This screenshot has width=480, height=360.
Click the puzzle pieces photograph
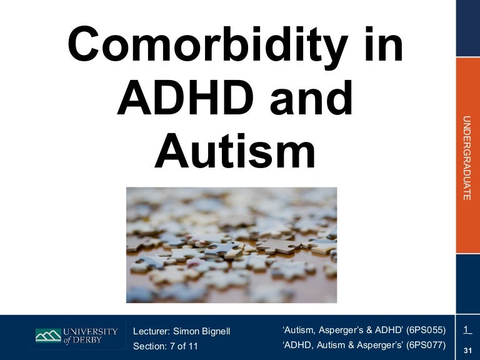(x=231, y=244)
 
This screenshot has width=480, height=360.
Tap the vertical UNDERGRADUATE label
(x=466, y=158)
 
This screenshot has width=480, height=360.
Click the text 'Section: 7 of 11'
(x=165, y=346)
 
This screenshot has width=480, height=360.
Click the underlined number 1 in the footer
(x=467, y=329)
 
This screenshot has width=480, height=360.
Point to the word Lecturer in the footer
(x=152, y=331)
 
